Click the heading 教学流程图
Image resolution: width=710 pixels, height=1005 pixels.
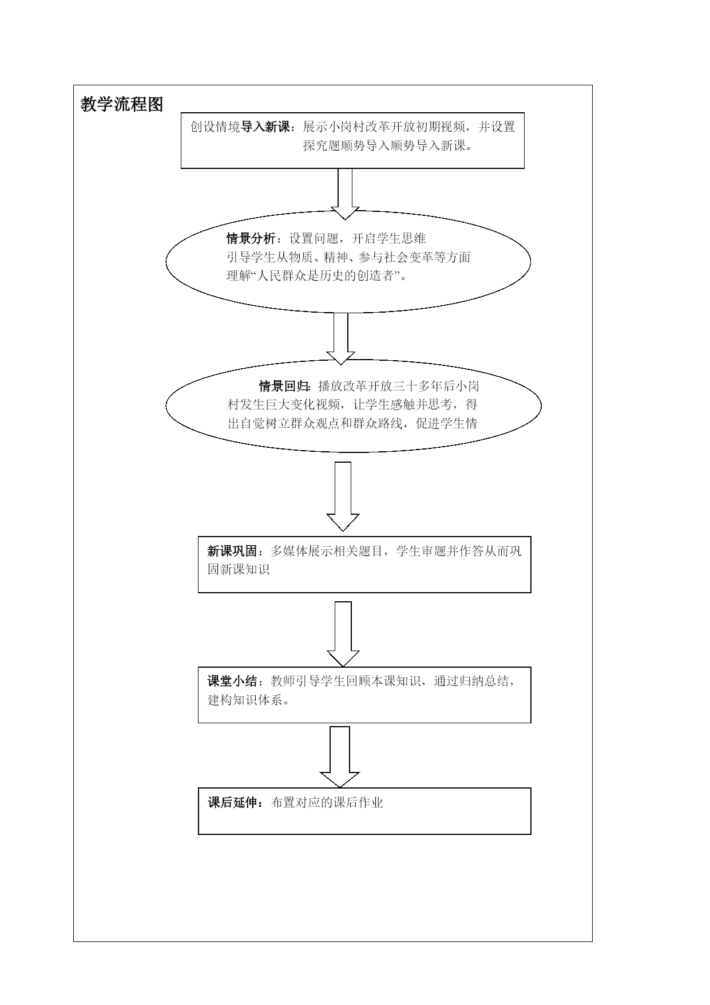(x=122, y=104)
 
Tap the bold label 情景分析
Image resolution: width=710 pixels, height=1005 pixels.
(x=251, y=239)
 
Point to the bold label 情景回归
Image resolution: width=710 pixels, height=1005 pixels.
(x=284, y=386)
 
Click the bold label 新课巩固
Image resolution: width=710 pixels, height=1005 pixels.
(x=232, y=551)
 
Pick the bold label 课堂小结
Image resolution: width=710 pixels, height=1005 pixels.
(x=232, y=681)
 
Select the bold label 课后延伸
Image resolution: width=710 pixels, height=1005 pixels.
(x=232, y=803)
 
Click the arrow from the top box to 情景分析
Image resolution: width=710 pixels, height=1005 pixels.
(x=344, y=194)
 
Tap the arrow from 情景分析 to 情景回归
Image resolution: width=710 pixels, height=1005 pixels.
(x=340, y=338)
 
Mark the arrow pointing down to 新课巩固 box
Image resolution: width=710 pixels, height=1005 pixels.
(x=343, y=496)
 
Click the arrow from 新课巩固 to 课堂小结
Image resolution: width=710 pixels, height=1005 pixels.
(x=343, y=634)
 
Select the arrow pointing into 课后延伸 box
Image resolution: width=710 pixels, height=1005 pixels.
(x=340, y=757)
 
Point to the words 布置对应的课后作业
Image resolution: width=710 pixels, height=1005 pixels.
(x=327, y=803)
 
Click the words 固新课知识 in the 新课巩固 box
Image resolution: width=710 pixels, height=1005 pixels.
(x=239, y=570)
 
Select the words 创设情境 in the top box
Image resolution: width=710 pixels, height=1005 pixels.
(x=215, y=127)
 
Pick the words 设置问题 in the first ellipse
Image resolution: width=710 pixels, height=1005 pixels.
(x=314, y=239)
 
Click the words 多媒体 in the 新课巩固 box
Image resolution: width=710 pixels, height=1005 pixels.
(x=289, y=551)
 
